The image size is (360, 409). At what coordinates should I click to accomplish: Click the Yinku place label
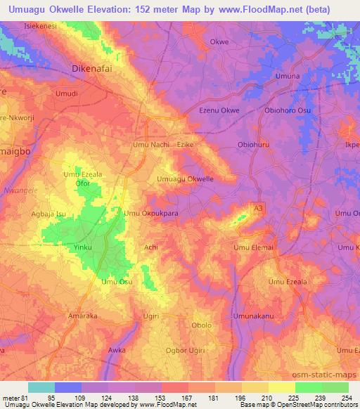tap(83, 248)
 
